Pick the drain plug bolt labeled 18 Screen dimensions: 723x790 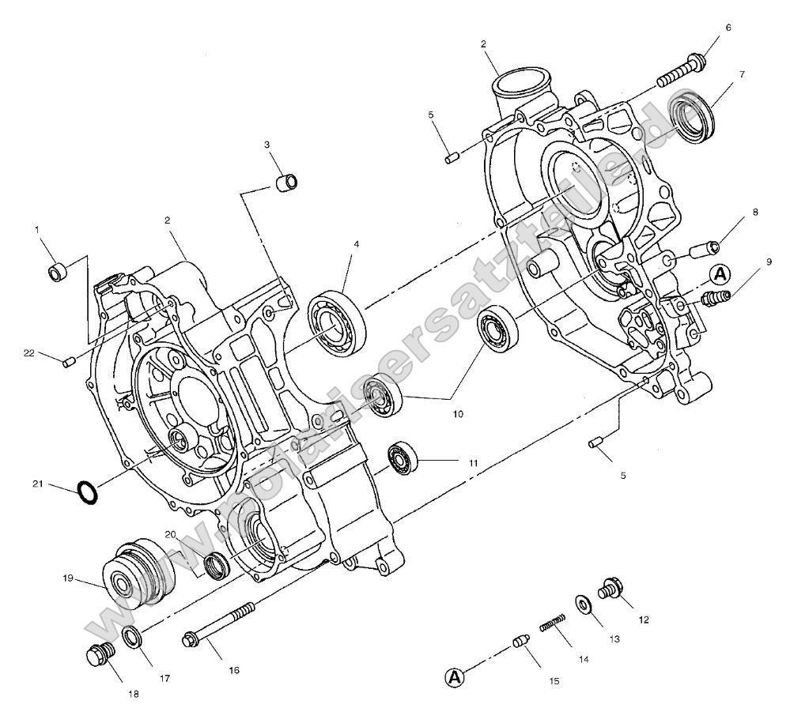click(x=100, y=655)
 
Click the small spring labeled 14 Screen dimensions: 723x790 click(x=555, y=621)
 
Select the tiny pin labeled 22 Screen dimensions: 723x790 click(x=68, y=363)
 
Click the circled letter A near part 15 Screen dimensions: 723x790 click(x=453, y=676)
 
